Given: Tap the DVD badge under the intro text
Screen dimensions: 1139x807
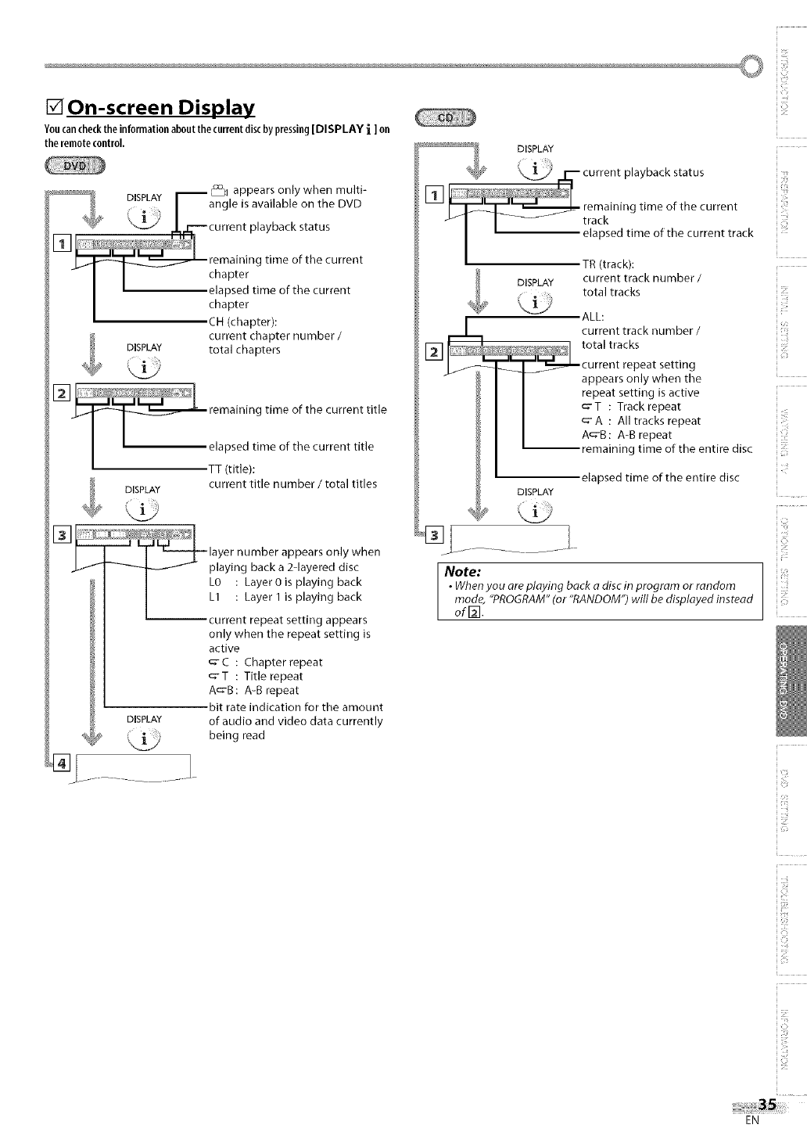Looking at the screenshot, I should (x=80, y=166).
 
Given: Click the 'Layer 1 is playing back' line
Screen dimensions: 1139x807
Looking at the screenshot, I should (x=303, y=597).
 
